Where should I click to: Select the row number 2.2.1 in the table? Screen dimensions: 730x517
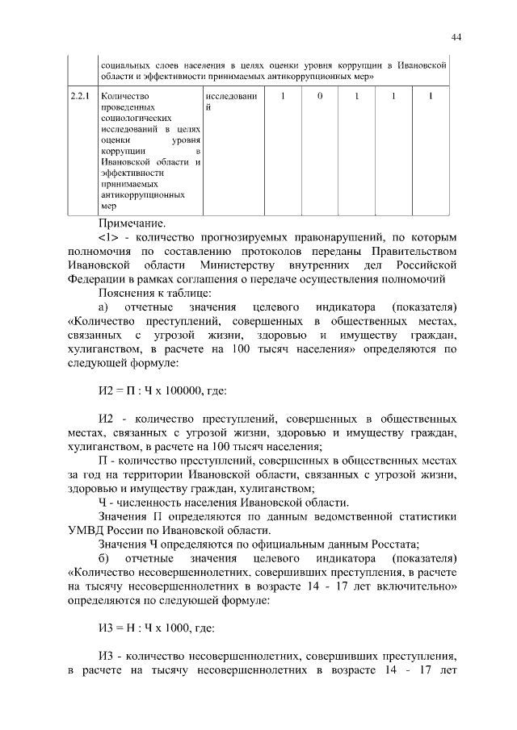[79, 97]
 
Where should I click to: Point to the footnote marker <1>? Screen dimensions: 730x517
[108, 238]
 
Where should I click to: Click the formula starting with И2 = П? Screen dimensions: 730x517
[162, 390]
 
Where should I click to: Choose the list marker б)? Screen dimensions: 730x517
[103, 560]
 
